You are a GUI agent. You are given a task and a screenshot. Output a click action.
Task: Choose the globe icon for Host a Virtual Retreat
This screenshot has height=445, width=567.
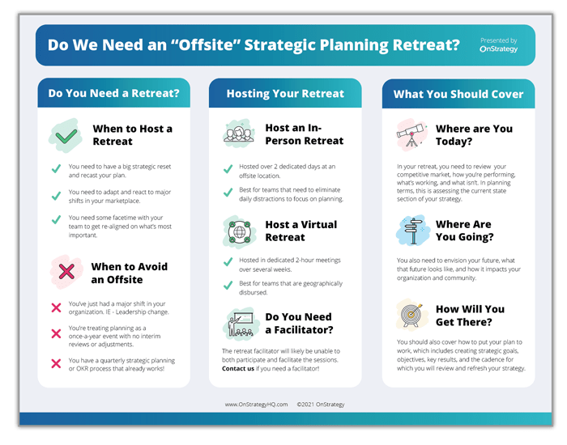[238, 231]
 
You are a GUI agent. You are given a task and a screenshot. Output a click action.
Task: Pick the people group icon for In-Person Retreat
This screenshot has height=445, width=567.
[238, 133]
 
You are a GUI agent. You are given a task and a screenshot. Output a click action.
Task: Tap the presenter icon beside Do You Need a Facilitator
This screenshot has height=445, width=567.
[238, 323]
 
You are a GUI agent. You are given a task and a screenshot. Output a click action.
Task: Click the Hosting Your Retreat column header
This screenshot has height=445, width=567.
[285, 94]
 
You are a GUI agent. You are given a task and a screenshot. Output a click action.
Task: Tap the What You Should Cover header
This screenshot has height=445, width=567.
[458, 94]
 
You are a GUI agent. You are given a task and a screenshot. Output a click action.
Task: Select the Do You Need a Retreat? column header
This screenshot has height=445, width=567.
[113, 94]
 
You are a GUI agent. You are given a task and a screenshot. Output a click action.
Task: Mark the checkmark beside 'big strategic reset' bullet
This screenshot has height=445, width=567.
[56, 168]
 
